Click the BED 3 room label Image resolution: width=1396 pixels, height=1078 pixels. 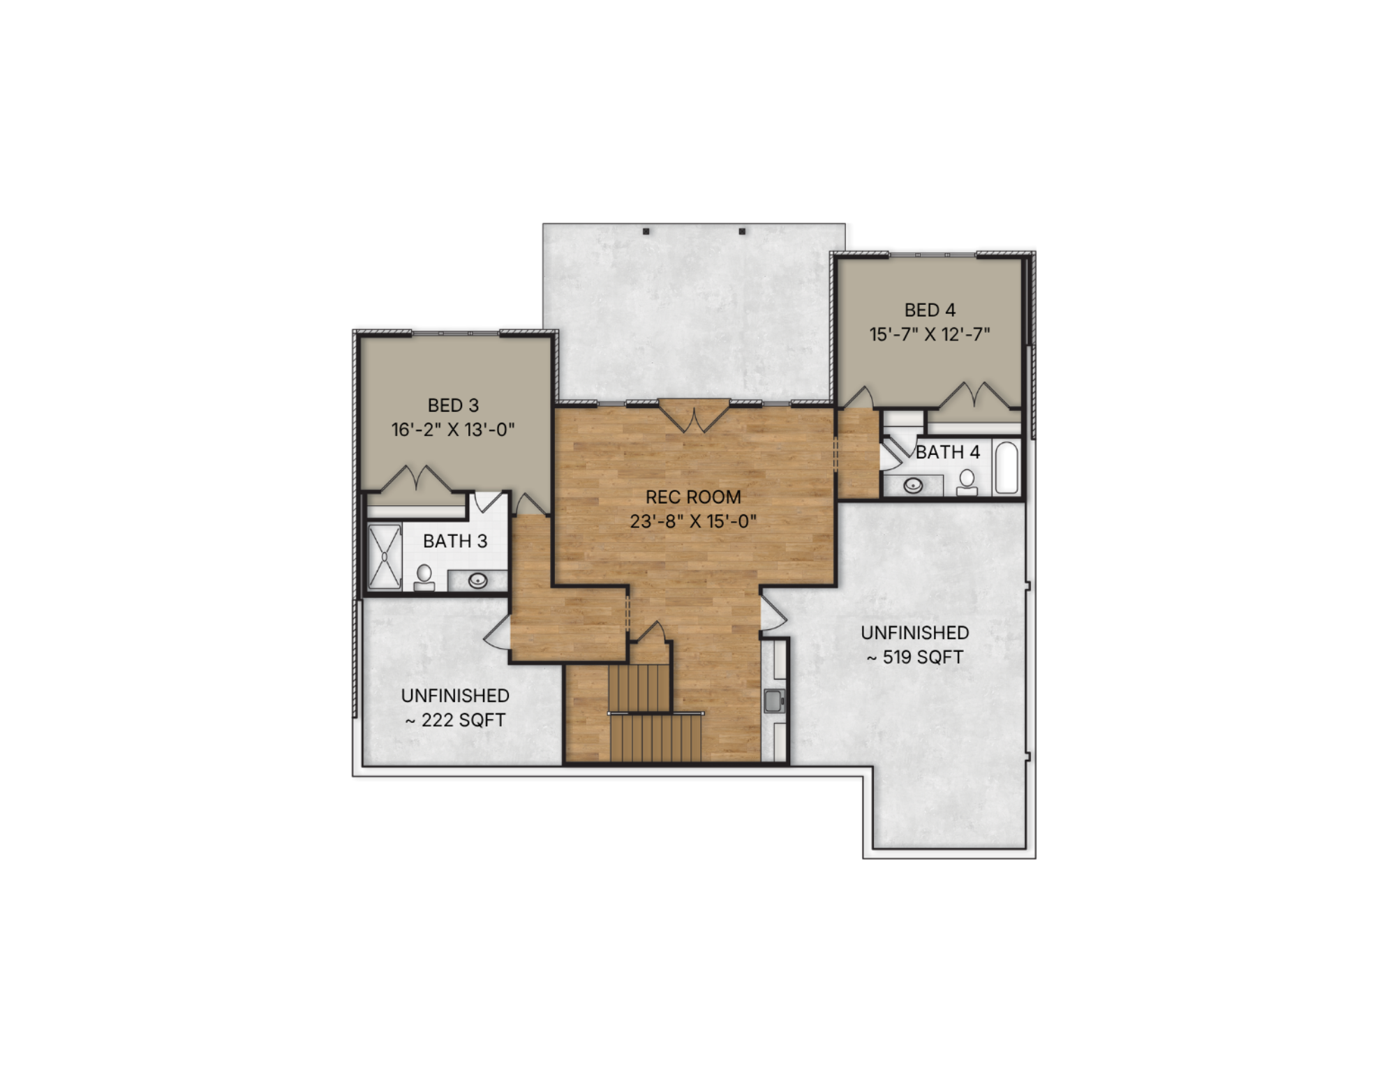(453, 405)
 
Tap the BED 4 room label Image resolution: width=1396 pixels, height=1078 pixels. (930, 310)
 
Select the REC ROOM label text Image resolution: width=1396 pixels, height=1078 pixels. (693, 497)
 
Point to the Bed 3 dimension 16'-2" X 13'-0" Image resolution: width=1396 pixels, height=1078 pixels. (453, 430)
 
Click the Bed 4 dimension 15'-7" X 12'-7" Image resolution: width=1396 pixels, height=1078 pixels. (930, 334)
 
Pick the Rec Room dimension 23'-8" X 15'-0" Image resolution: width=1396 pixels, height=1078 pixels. (693, 521)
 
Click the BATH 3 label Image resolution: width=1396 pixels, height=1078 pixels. (455, 541)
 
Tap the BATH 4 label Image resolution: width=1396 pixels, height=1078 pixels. (948, 452)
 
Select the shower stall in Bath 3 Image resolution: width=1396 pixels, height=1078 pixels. (385, 557)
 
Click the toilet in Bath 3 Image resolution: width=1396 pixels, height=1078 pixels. (424, 578)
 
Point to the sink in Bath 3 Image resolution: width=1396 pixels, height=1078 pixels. (478, 580)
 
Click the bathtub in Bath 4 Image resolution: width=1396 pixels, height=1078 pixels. (1007, 467)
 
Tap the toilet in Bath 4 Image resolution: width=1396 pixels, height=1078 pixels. (967, 482)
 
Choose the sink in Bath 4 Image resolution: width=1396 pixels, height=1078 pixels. (913, 485)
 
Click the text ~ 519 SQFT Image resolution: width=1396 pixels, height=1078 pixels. (915, 657)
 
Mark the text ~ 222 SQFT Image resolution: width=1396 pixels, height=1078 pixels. (455, 720)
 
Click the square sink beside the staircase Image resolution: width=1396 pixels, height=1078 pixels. (774, 701)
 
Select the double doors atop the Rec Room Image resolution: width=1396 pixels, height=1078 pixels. (695, 417)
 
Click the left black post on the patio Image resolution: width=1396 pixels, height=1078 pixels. (646, 231)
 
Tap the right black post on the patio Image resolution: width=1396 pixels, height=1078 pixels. (742, 231)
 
